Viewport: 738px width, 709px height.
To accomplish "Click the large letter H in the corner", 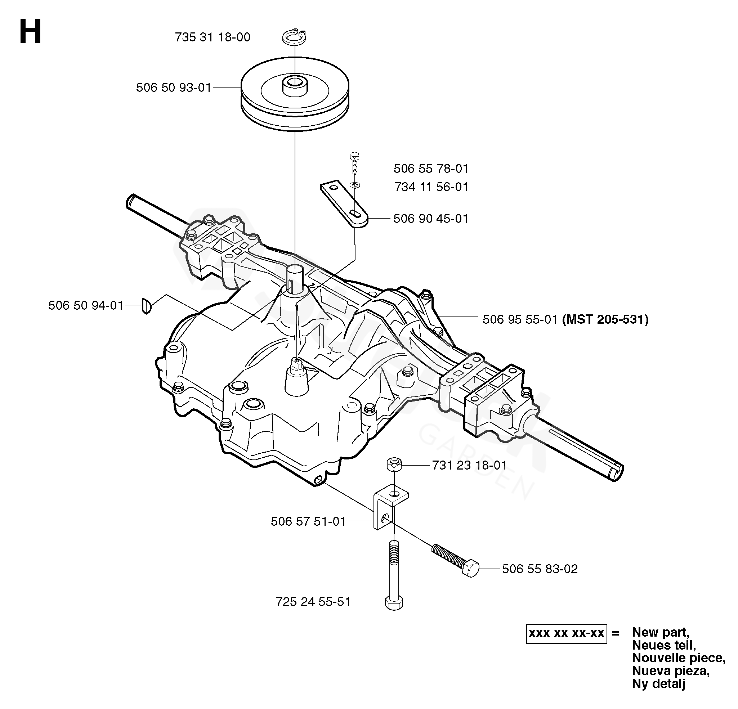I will (x=30, y=32).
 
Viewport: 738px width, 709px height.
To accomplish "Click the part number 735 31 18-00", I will (x=213, y=37).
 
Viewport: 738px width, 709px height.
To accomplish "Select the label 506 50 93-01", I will (x=174, y=87).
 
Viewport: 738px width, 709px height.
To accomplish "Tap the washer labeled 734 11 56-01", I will (x=355, y=185).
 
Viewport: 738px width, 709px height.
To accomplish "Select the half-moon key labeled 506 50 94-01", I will (x=147, y=305).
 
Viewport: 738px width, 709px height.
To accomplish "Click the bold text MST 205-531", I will (x=605, y=319).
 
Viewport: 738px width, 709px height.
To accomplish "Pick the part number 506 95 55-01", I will (x=520, y=319).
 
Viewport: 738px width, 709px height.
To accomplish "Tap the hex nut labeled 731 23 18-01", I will (x=394, y=465).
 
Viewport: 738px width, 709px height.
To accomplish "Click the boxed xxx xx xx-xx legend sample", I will (x=566, y=633).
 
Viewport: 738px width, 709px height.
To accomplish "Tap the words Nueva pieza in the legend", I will (x=671, y=670).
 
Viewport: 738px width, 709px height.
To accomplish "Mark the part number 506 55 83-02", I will (x=540, y=569).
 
